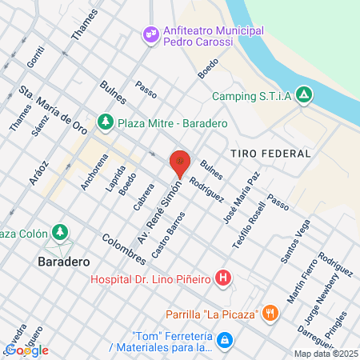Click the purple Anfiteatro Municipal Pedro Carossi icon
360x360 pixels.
pos(150,34)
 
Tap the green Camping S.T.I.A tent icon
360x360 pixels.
pos(303,96)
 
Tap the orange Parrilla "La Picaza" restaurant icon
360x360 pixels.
pos(271,313)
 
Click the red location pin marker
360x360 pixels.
pos(181,164)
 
